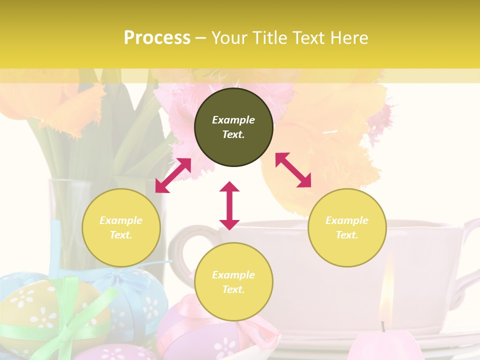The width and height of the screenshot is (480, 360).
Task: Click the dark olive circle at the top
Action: (233, 127)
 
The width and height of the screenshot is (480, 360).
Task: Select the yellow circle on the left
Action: (121, 227)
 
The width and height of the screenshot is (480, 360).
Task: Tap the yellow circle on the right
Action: (347, 227)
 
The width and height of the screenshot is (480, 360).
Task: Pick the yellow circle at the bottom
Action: (233, 282)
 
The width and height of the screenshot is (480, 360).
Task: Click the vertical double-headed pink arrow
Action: (229, 205)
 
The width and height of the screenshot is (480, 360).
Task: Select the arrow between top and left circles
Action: (173, 175)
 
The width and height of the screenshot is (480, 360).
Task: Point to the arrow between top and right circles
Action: (293, 170)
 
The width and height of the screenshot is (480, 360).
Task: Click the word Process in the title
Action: (157, 37)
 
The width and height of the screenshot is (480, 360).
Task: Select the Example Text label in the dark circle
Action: (233, 127)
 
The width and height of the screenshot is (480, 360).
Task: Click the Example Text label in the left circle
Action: (121, 227)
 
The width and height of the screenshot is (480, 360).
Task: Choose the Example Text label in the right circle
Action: (347, 227)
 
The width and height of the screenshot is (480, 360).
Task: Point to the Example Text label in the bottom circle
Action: (233, 282)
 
